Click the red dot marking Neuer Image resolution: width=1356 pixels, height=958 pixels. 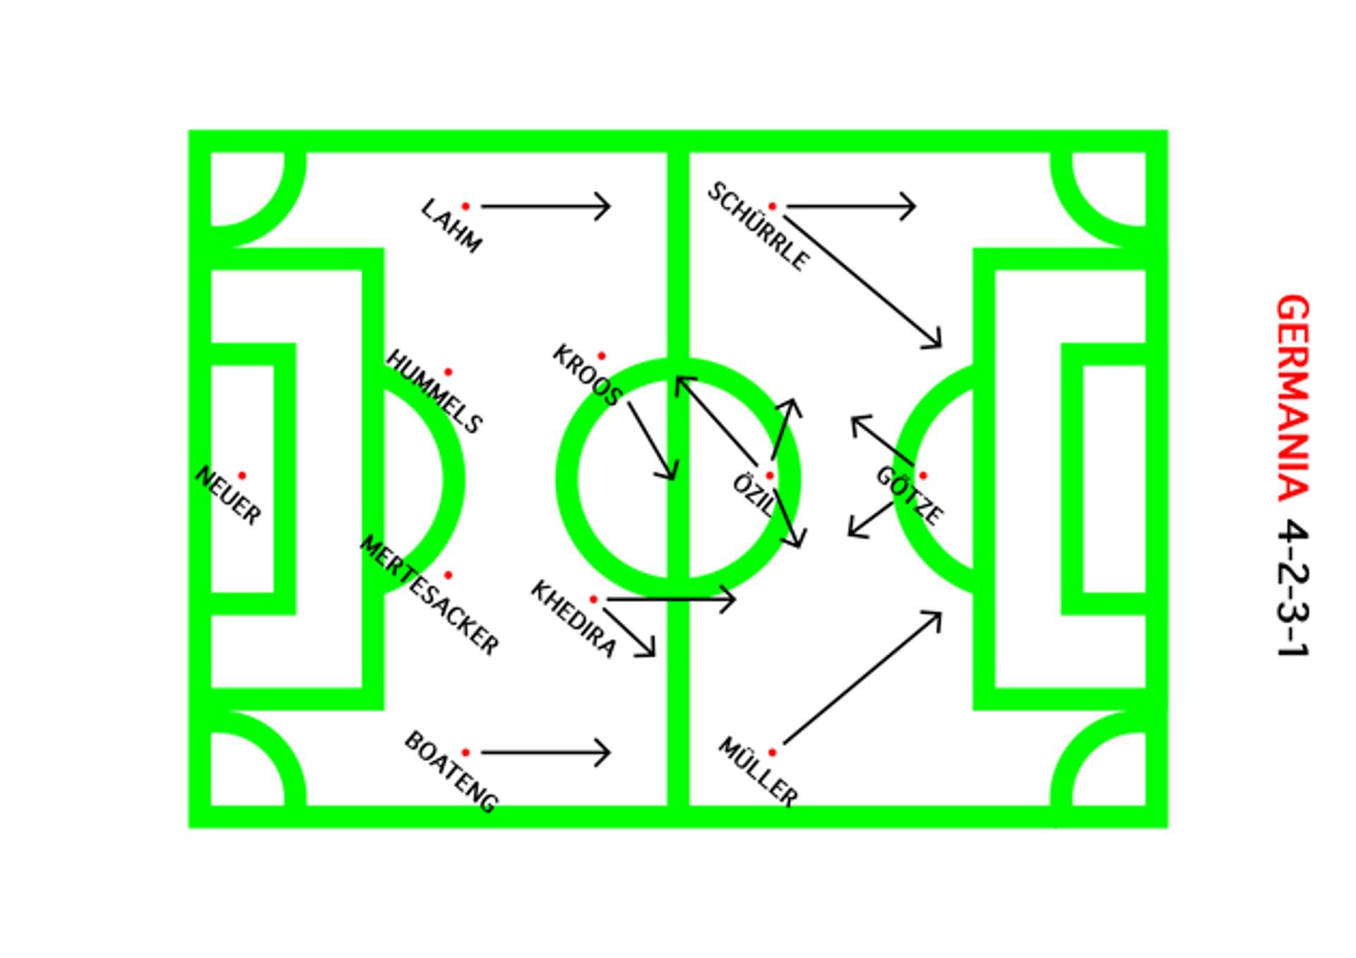pyautogui.click(x=242, y=475)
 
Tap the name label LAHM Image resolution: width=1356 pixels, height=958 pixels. pyautogui.click(x=451, y=225)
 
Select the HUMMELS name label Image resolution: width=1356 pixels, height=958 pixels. pyautogui.click(x=434, y=391)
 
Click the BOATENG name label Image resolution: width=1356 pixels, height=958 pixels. pyautogui.click(x=451, y=771)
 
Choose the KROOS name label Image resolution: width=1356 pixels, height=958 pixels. pyautogui.click(x=587, y=375)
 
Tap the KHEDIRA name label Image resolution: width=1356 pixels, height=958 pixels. pyautogui.click(x=573, y=619)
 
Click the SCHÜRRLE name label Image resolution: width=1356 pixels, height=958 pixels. pyautogui.click(x=759, y=226)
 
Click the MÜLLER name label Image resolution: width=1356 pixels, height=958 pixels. pyautogui.click(x=758, y=771)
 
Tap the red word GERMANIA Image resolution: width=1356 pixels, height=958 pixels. pyautogui.click(x=1293, y=398)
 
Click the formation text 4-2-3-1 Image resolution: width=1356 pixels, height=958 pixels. pyautogui.click(x=1293, y=590)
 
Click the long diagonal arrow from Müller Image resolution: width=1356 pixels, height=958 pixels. pyautogui.click(x=862, y=678)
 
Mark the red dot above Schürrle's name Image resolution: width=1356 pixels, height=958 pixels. pyautogui.click(x=772, y=206)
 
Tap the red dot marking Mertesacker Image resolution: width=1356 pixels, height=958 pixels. pyautogui.click(x=448, y=576)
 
